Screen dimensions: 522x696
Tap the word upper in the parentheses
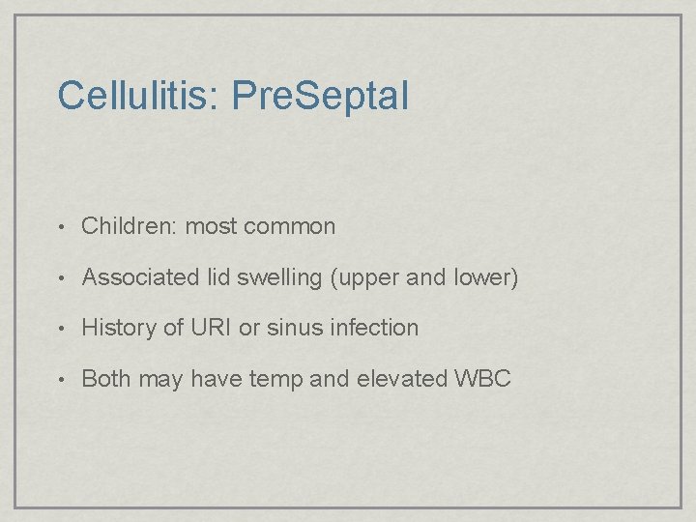[x=368, y=279]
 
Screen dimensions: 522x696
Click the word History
[x=120, y=328]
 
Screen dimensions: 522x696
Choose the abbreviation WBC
[x=481, y=378]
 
